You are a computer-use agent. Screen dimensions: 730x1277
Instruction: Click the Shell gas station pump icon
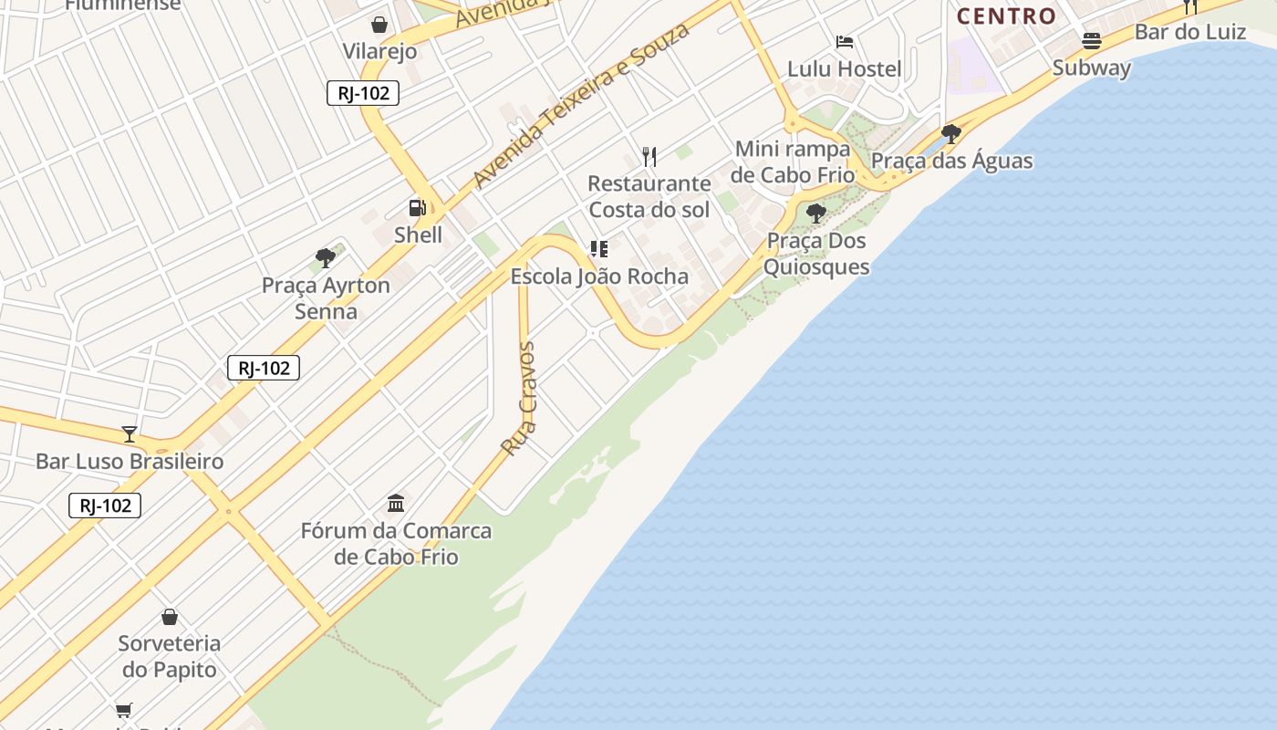tap(417, 208)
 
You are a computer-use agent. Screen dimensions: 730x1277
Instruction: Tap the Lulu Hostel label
tap(844, 68)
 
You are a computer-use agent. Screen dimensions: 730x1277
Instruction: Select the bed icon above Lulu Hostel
tap(844, 42)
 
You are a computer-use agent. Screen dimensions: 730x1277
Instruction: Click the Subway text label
tap(1091, 68)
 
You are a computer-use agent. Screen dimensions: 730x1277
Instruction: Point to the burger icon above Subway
tap(1091, 41)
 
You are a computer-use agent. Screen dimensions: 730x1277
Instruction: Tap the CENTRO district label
tap(1006, 16)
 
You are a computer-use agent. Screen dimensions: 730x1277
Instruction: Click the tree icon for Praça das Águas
tap(950, 134)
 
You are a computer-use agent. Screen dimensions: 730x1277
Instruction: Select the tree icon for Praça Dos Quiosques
tap(816, 214)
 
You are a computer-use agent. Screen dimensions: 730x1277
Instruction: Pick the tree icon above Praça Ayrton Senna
tap(325, 258)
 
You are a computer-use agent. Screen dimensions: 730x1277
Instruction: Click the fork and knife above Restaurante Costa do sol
tap(649, 156)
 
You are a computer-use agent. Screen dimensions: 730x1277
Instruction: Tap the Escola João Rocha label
tap(599, 276)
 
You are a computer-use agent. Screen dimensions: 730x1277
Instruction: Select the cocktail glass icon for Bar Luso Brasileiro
tap(130, 434)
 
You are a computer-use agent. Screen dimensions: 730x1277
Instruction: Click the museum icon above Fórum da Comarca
tap(396, 504)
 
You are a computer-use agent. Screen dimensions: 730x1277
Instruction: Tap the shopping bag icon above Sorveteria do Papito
tap(169, 617)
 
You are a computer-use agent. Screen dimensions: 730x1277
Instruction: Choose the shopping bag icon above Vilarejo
tap(379, 25)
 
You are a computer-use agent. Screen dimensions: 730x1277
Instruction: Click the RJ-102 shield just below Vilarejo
tap(363, 93)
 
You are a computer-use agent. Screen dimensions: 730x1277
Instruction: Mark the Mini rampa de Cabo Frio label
tap(792, 162)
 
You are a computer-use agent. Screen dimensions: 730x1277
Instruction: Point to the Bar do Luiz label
tap(1189, 32)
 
